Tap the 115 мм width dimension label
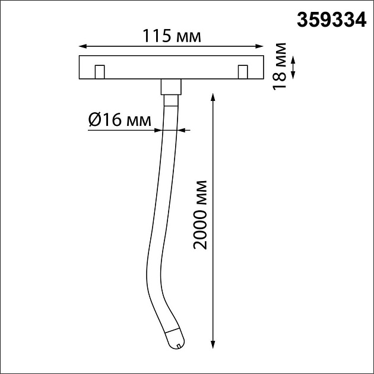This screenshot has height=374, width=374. pos(172,36)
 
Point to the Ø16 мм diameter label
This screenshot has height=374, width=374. pos(120,120)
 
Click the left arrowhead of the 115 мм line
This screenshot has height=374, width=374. pos(83,46)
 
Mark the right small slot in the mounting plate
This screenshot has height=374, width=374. pos(242,72)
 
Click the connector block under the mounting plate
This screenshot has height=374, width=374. pos(170,86)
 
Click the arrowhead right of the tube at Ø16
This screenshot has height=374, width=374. pos(180,129)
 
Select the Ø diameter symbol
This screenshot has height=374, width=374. pos(94,121)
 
